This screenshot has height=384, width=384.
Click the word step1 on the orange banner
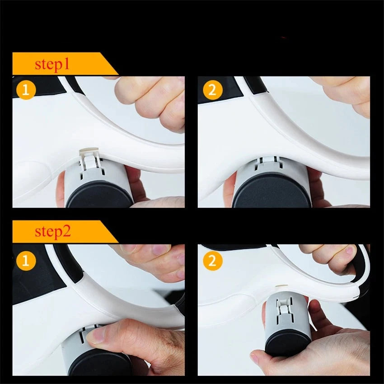[52, 64]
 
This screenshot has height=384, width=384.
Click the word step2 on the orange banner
[52, 232]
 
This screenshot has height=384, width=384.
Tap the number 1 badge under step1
[26, 90]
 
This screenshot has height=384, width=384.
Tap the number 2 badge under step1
[212, 90]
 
